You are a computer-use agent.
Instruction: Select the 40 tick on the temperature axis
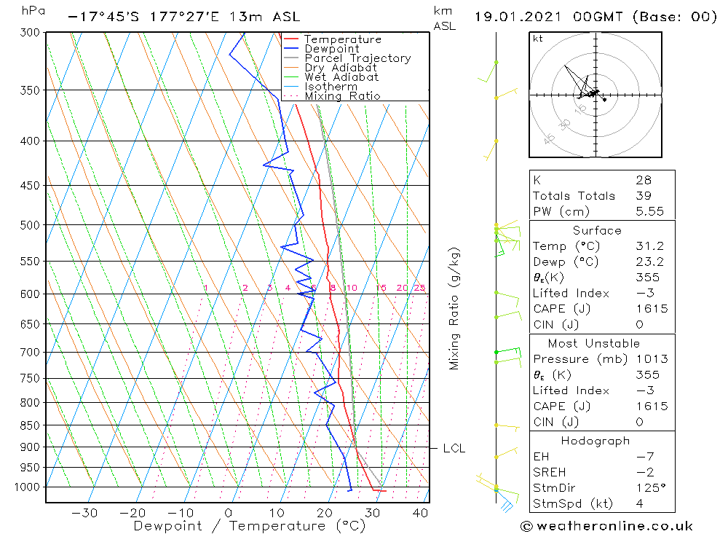coord(420,513)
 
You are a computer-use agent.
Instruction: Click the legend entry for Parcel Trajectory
coord(357,58)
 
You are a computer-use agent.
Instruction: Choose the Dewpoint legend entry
coord(332,49)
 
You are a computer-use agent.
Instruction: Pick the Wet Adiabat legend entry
coord(341,77)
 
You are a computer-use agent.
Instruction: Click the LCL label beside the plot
coord(454,449)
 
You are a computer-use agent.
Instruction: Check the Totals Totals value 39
coord(644,196)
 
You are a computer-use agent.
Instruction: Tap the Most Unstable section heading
coord(594,343)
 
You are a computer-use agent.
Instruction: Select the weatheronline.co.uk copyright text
coord(607,526)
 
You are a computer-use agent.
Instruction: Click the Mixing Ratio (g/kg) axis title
coord(454,308)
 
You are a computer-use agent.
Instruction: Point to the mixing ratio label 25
coord(419,288)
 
